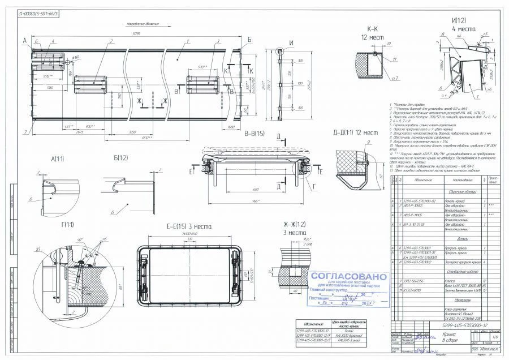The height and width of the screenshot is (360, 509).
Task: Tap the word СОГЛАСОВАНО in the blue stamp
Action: click(349, 277)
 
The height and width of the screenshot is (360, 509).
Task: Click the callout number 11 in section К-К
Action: click(394, 58)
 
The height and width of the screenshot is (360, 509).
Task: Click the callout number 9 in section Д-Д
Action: click(352, 142)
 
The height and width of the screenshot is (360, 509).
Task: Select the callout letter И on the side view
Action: click(291, 43)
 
